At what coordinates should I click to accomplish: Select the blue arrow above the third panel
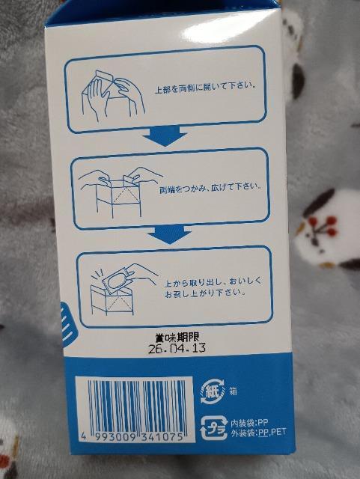coord(168,237)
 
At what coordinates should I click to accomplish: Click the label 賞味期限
coord(175,338)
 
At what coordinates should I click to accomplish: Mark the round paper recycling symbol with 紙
coord(212,391)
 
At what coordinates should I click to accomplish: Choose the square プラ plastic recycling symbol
coord(212,427)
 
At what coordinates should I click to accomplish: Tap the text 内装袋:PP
coord(247,422)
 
